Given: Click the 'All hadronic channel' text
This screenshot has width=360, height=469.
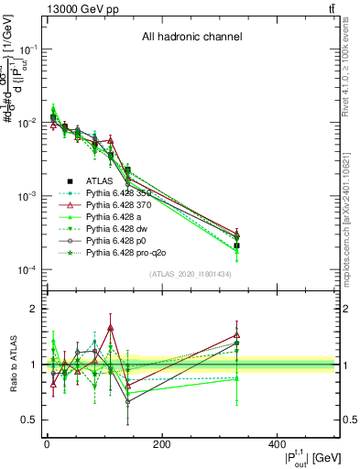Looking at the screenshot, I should pyautogui.click(x=191, y=38).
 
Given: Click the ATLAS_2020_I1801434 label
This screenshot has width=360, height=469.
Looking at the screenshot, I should pyautogui.click(x=190, y=275).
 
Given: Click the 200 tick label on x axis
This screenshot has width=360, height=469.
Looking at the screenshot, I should pyautogui.click(x=161, y=445).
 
